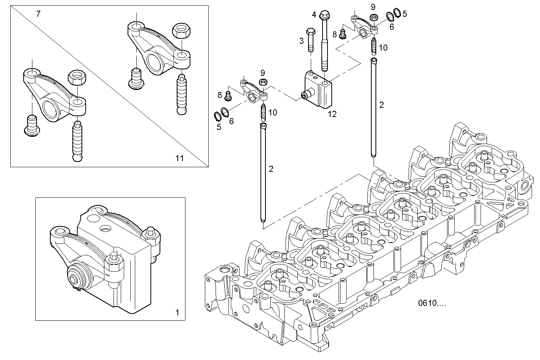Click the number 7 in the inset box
(38, 14)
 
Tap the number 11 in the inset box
(179, 158)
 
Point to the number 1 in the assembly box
(177, 313)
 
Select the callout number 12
(332, 114)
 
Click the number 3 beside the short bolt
(301, 41)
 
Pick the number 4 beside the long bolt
(314, 15)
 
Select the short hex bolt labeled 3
(310, 40)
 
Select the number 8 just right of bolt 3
(334, 34)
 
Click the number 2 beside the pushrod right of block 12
(381, 105)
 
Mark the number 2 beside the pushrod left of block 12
(271, 169)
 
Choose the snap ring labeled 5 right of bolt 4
(396, 13)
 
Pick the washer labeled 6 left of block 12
(225, 112)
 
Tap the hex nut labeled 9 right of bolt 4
(374, 17)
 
